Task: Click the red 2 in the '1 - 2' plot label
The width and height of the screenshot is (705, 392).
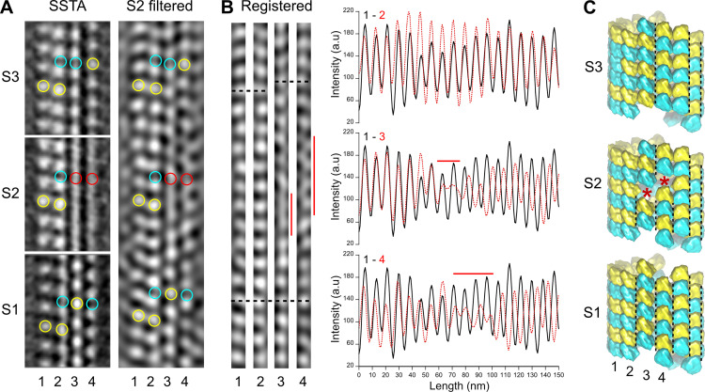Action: pyautogui.click(x=385, y=16)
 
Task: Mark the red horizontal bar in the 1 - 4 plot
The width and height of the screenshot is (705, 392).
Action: pyautogui.click(x=474, y=274)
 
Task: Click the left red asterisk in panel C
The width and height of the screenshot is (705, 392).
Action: pyautogui.click(x=647, y=195)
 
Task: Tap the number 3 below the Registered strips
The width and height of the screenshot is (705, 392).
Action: pyautogui.click(x=280, y=381)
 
